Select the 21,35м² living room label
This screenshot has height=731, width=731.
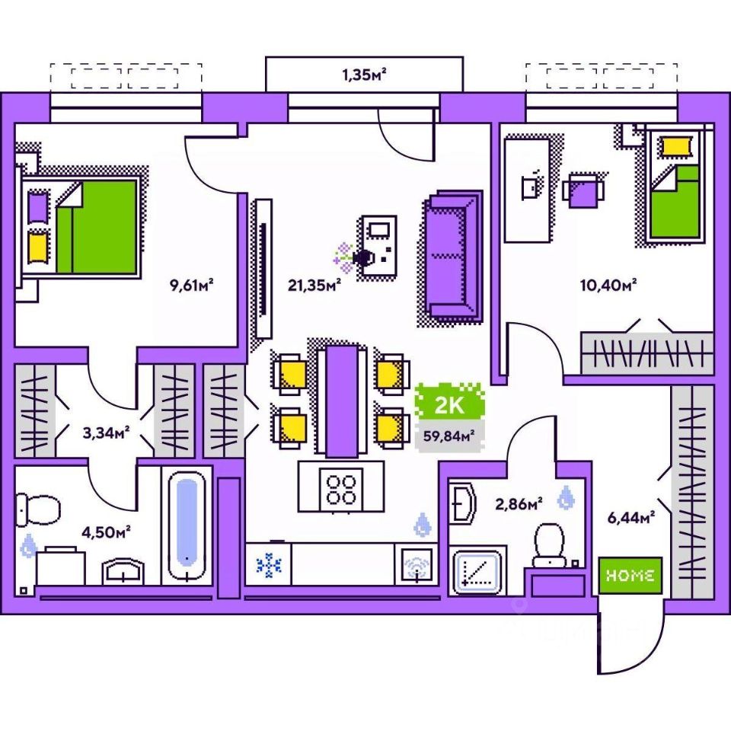tap(314, 285)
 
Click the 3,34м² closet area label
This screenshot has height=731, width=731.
tap(106, 433)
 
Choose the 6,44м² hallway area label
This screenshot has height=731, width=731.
tap(631, 519)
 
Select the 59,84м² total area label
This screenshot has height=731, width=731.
tap(452, 436)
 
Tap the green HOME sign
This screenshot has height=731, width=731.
tap(630, 576)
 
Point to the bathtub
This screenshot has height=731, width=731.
tap(187, 526)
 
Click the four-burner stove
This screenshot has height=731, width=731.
tap(340, 487)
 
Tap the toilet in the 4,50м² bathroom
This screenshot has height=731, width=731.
tap(37, 508)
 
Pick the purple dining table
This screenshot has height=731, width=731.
tap(342, 400)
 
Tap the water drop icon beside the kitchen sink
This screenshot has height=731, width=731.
tap(423, 524)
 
